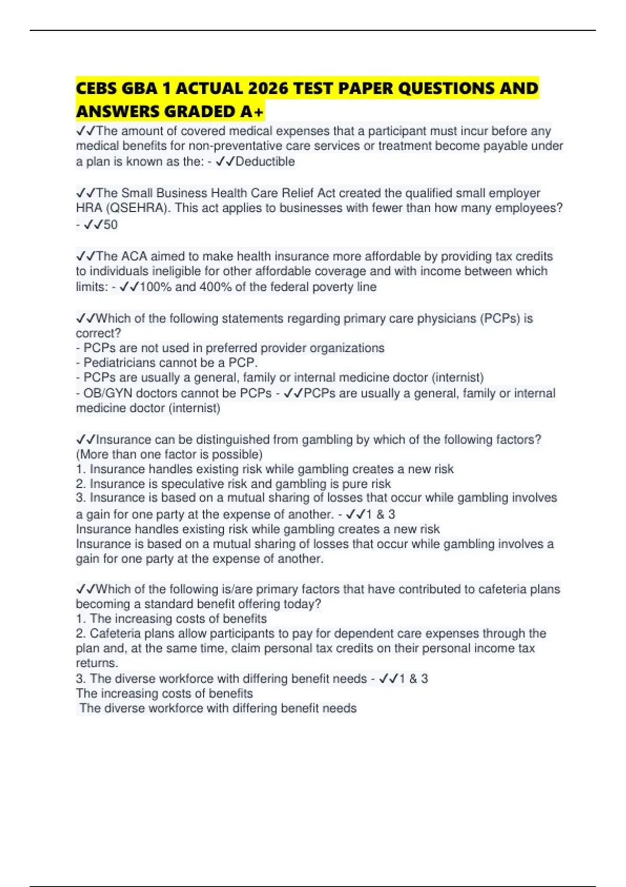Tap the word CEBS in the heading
(x=97, y=89)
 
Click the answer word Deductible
(x=265, y=162)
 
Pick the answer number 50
(x=110, y=225)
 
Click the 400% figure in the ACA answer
(x=215, y=287)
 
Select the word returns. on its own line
(x=97, y=663)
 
